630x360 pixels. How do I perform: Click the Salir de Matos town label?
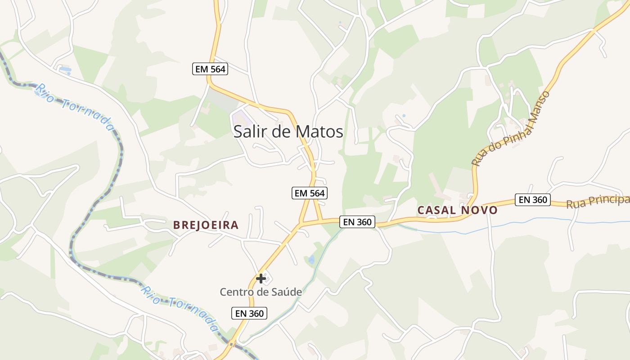pyautogui.click(x=288, y=131)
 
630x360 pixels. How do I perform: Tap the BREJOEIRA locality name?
pyautogui.click(x=206, y=225)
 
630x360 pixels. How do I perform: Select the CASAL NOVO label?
pyautogui.click(x=458, y=210)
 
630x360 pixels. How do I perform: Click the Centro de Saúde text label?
pyautogui.click(x=261, y=292)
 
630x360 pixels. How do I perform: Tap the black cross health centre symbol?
pyautogui.click(x=261, y=279)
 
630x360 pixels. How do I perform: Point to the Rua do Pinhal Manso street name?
pyautogui.click(x=511, y=129)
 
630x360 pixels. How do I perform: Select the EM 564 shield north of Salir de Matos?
pyautogui.click(x=210, y=69)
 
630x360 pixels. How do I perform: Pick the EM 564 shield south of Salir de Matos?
pyautogui.click(x=309, y=193)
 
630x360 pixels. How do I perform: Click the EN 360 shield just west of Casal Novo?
pyautogui.click(x=358, y=221)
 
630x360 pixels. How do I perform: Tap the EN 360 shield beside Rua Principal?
pyautogui.click(x=533, y=200)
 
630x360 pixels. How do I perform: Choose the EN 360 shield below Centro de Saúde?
pyautogui.click(x=249, y=313)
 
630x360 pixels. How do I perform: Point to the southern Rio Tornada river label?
pyautogui.click(x=179, y=308)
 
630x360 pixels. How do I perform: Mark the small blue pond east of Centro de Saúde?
pyautogui.click(x=311, y=260)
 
